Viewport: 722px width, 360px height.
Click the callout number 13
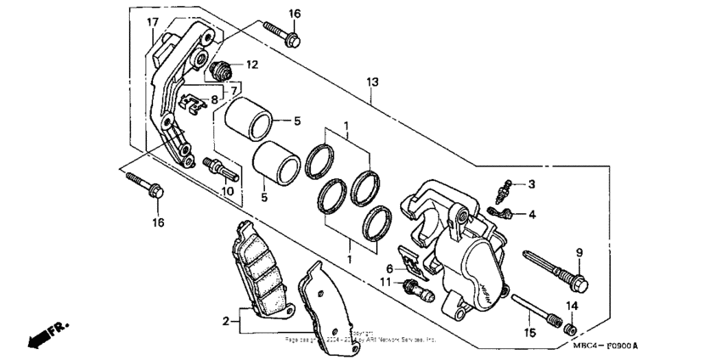point(371,82)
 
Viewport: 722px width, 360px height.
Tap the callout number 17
point(152,21)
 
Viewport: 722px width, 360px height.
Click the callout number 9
point(580,251)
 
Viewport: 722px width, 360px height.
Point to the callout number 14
point(573,306)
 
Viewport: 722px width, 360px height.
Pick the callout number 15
point(529,333)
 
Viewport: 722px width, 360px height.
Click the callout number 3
point(531,184)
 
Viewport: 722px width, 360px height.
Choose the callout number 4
point(531,215)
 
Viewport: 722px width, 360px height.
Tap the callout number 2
point(227,321)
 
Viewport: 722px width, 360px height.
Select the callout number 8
point(214,99)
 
